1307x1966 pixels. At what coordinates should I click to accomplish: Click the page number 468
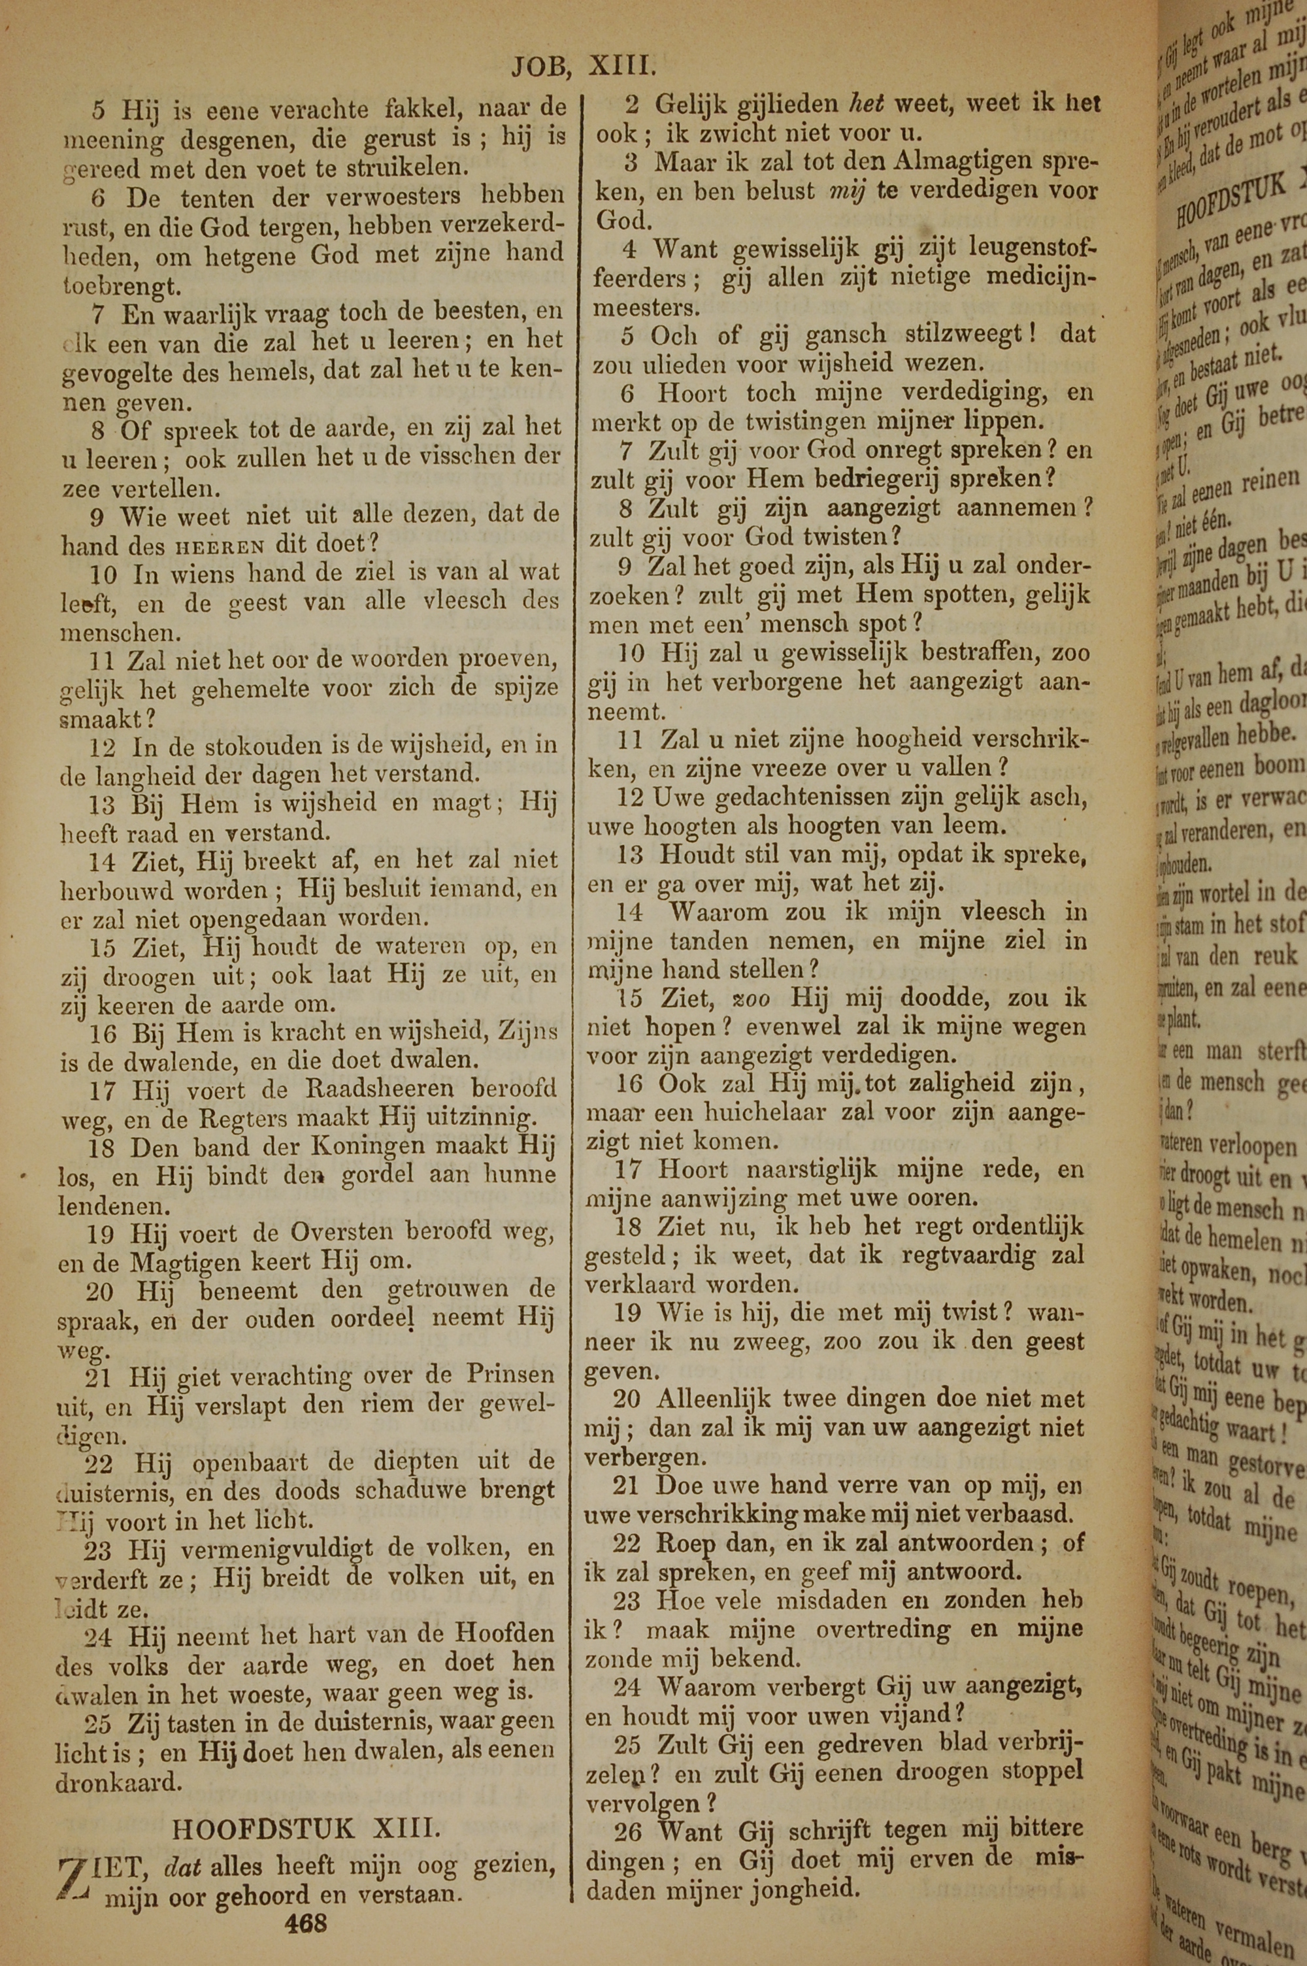[305, 1924]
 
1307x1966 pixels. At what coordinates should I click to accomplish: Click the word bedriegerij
[880, 478]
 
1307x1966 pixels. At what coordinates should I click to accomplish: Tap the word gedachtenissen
[795, 796]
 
